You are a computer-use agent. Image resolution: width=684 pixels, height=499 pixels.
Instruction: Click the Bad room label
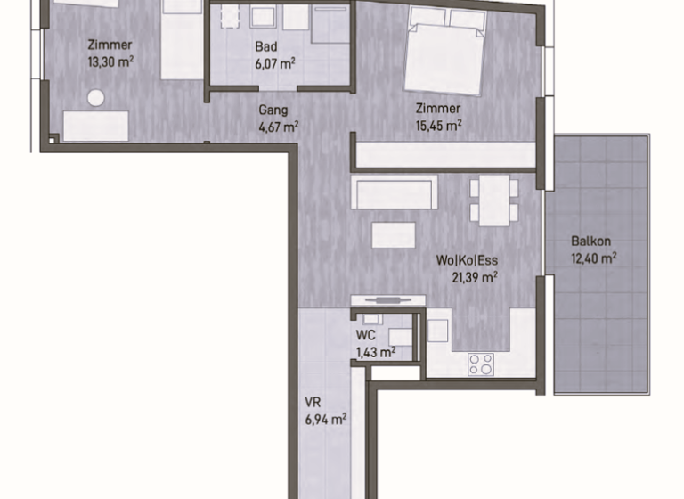[266, 46]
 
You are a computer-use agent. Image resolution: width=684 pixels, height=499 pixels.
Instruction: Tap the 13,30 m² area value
[110, 61]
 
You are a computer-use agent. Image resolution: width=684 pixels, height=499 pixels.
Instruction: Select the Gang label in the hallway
[273, 110]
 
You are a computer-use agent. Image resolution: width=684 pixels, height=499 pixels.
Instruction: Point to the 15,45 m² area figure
[439, 126]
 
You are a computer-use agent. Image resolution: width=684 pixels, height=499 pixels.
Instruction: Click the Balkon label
[591, 241]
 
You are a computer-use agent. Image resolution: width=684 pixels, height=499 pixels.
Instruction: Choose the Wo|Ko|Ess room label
[467, 260]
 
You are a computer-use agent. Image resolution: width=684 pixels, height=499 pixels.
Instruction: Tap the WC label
[365, 335]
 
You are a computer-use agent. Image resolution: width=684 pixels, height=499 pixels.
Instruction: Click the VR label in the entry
[313, 402]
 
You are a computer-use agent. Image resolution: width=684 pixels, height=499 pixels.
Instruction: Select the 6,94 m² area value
[326, 420]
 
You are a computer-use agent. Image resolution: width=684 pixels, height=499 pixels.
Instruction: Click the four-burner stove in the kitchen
[481, 364]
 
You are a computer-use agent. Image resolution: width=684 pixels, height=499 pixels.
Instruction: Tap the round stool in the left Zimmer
[96, 98]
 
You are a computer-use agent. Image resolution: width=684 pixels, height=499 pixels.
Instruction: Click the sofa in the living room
[395, 192]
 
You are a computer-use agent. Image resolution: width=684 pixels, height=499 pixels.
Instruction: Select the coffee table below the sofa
[394, 235]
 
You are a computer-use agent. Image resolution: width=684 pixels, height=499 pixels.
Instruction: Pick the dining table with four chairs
[494, 200]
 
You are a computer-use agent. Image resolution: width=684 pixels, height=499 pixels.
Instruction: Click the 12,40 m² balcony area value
[594, 258]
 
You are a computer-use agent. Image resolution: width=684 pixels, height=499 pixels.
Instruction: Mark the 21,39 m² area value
[475, 277]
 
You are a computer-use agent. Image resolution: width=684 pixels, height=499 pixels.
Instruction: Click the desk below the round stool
[96, 126]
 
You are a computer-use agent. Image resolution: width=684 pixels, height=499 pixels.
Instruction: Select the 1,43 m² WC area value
[376, 352]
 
